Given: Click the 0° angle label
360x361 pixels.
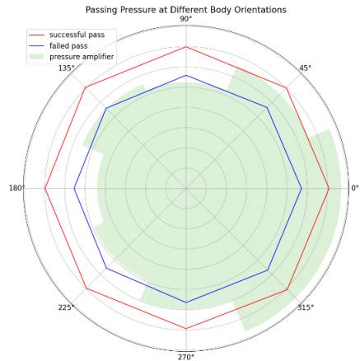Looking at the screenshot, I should point(355,189).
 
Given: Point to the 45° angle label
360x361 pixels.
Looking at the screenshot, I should point(305,68).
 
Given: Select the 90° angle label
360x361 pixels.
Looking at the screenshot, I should point(186,18).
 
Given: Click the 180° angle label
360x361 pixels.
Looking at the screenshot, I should point(16,189).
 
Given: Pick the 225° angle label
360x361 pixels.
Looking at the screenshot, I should point(66,307).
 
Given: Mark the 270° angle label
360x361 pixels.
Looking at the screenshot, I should point(186,357).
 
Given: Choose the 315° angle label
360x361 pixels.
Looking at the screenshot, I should point(306,307).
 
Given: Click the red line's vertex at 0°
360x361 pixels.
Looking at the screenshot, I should point(329,189).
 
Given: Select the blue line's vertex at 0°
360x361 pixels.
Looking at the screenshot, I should point(301,189).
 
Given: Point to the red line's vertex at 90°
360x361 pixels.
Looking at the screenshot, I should point(186,47).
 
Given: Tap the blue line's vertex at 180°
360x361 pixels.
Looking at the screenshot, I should point(75,189).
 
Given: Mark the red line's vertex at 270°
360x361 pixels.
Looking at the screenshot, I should point(186,329).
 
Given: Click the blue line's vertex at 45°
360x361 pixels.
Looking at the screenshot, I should point(267,108).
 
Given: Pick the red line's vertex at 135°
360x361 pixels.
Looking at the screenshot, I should point(86,87).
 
